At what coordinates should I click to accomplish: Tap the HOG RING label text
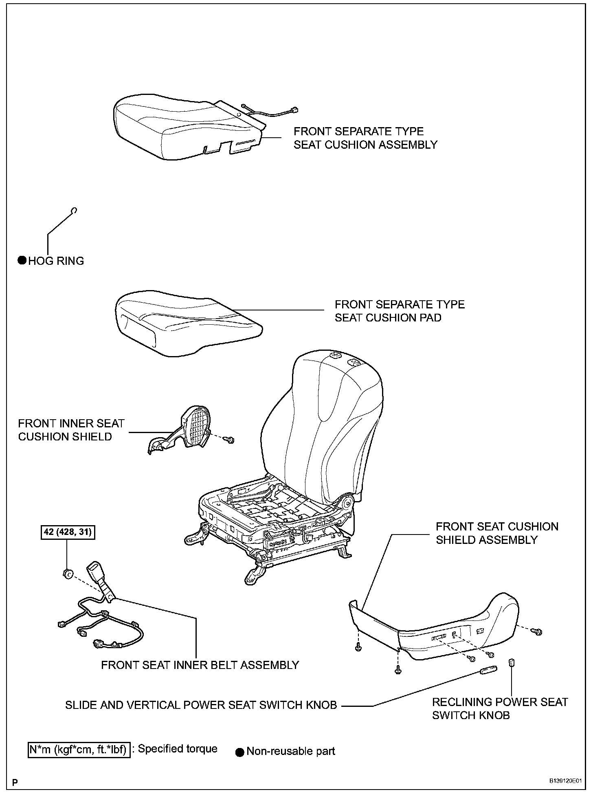[56, 261]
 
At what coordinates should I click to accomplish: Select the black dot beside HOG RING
[22, 261]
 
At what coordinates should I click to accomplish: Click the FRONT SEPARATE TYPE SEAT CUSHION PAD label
[399, 311]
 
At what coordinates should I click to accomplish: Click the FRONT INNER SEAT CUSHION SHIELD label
[71, 430]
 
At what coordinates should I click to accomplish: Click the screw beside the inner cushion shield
[231, 440]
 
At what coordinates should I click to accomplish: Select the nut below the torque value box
[68, 574]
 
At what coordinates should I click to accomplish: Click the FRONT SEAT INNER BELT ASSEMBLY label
[200, 665]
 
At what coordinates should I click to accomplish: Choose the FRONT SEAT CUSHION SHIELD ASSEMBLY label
[497, 533]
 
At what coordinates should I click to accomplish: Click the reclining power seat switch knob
[511, 663]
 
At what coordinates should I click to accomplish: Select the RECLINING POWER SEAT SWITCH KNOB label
[500, 708]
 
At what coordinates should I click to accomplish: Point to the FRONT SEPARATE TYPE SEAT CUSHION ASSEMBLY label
[365, 138]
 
